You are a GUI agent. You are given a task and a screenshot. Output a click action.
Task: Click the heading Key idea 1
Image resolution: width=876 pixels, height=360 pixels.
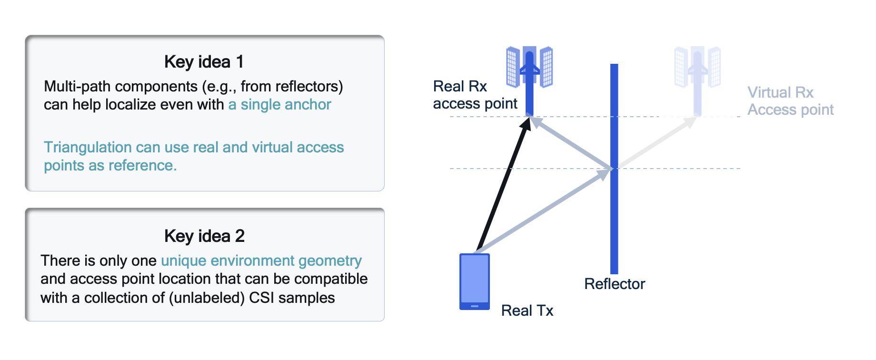coord(204,62)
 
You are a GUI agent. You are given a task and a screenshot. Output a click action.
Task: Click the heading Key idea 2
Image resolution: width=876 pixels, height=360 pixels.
coord(204,236)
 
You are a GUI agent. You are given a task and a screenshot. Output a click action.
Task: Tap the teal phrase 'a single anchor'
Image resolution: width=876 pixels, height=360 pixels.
coord(279,105)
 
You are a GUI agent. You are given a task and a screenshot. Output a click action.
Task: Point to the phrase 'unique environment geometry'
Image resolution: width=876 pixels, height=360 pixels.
coord(261,261)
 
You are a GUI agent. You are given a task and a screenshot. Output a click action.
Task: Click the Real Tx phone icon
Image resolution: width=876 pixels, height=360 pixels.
coord(474,281)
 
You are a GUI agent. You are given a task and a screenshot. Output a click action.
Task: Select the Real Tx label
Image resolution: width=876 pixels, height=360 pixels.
coord(527,310)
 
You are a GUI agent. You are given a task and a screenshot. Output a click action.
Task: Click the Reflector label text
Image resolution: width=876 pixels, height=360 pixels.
coord(614,284)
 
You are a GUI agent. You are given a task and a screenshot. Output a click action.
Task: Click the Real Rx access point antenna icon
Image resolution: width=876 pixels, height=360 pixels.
coord(529,71)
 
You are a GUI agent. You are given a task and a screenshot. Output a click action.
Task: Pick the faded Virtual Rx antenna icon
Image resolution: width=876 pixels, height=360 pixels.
coord(697,71)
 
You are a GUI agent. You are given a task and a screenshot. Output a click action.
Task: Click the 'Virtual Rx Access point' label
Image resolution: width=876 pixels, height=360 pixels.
coord(790,101)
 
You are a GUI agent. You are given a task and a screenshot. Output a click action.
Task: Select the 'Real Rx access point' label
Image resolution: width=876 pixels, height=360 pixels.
coord(475,95)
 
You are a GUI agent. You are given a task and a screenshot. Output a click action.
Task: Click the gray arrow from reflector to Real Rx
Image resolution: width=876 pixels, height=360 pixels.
coord(571,143)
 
